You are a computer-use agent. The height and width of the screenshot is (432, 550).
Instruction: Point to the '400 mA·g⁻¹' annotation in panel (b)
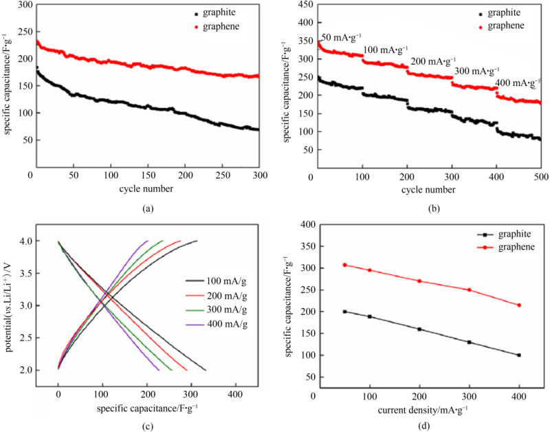click(516, 83)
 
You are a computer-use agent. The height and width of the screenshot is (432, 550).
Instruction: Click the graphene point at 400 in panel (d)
click(519, 305)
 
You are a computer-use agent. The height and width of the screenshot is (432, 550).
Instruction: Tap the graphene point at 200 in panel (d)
click(419, 281)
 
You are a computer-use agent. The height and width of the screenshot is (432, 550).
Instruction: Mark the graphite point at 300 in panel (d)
click(469, 342)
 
